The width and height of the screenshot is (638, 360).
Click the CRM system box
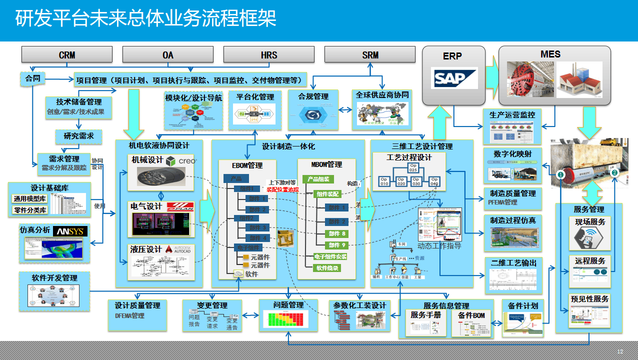tap(66, 54)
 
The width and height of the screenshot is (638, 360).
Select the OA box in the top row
tap(167, 54)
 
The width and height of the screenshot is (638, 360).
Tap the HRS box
tap(268, 54)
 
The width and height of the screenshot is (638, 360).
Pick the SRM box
tap(370, 54)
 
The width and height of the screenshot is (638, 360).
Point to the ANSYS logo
tap(71, 231)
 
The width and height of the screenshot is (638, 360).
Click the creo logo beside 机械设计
tap(181, 161)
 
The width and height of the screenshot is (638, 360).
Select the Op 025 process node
tap(413, 167)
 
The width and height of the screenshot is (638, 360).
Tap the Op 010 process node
tap(384, 181)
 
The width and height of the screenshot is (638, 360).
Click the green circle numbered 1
tap(561, 174)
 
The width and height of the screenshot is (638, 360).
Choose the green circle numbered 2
tap(615, 172)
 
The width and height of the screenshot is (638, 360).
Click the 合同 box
tap(32, 78)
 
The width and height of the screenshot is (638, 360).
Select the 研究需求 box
tap(75, 136)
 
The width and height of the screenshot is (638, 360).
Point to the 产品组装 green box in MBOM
tap(318, 179)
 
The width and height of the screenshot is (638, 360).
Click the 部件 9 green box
tap(336, 245)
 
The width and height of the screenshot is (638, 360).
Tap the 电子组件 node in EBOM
tap(247, 248)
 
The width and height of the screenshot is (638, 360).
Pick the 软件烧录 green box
tap(327, 268)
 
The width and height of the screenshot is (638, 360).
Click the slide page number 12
tap(620, 351)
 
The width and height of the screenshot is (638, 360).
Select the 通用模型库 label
tap(29, 198)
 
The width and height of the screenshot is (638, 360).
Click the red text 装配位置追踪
tap(282, 189)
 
